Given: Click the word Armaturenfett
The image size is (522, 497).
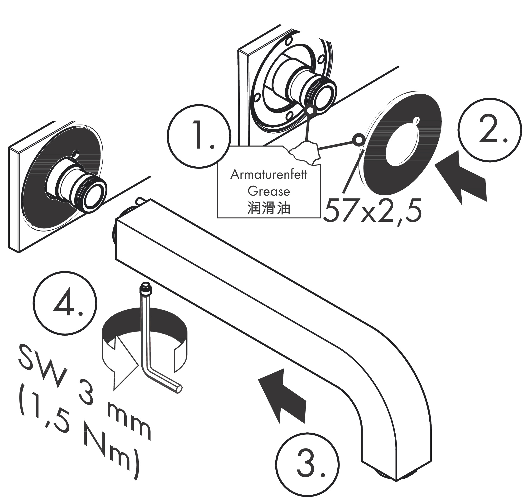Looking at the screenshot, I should [269, 175].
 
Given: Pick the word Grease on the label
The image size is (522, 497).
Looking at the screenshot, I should [269, 191].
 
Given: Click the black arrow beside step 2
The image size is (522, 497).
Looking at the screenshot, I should [462, 176].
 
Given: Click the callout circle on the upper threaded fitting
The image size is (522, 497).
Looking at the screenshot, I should [310, 110].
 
